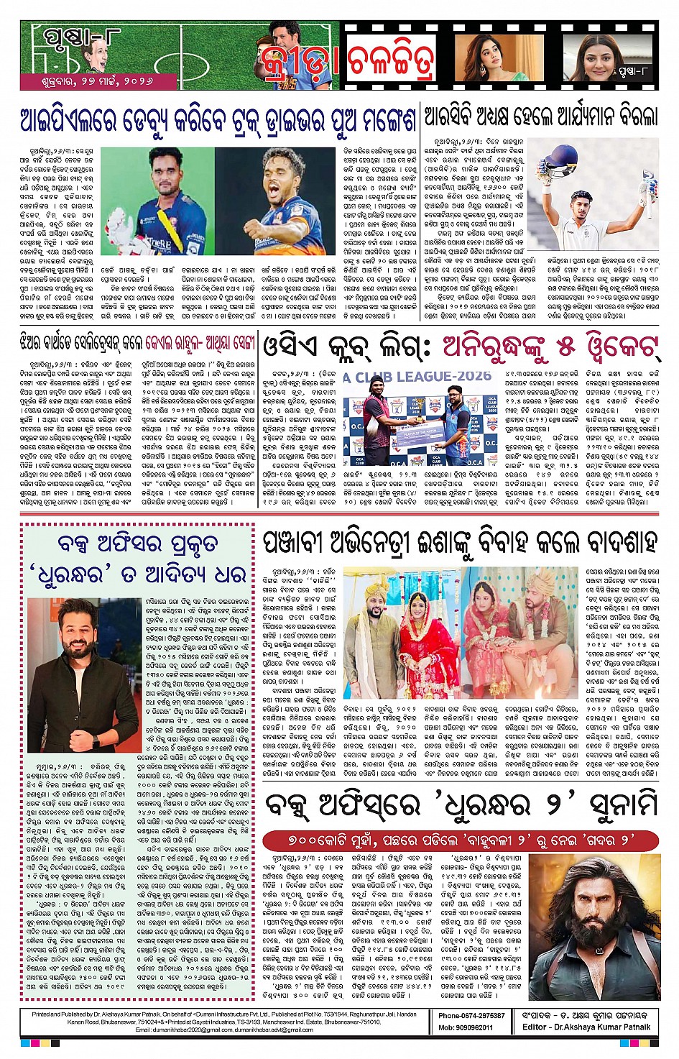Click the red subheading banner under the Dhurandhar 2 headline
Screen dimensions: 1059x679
461,840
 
